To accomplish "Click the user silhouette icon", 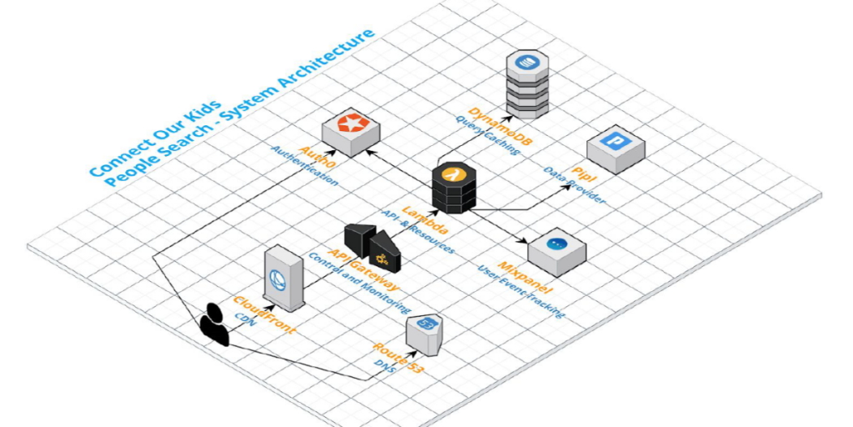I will point(213,324).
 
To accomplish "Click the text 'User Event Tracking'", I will point(521,292).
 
